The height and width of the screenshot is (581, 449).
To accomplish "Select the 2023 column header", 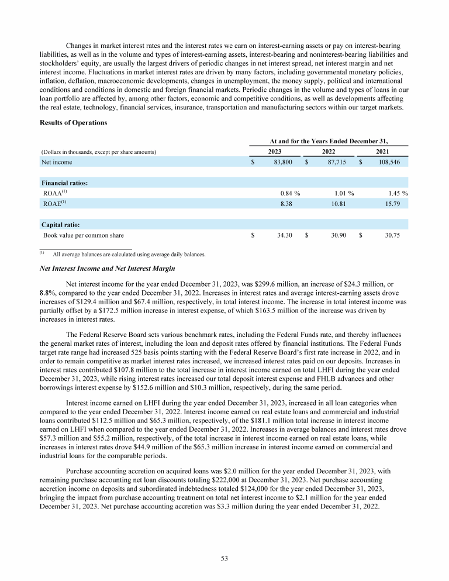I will pyautogui.click(x=275, y=151).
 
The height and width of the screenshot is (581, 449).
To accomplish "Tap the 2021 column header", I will pyautogui.click(x=383, y=151).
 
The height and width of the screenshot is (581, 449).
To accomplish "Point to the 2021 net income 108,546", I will pyautogui.click(x=388, y=161).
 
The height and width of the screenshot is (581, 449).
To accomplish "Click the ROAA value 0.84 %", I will pyautogui.click(x=288, y=192).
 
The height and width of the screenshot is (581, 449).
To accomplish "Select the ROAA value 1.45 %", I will pyautogui.click(x=396, y=192).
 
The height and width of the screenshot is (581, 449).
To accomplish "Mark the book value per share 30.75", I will pyautogui.click(x=392, y=235).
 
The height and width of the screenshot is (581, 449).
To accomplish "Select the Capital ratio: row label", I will pyautogui.click(x=61, y=225).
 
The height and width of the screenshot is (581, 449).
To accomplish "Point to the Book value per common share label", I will pyautogui.click(x=84, y=235).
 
